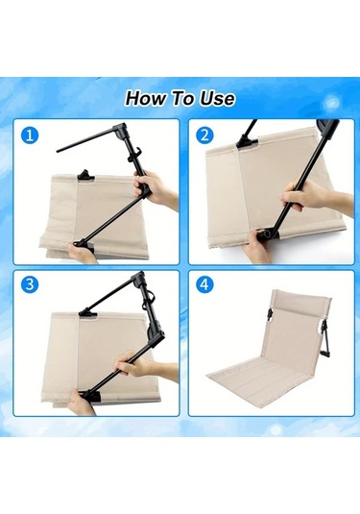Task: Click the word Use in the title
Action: [x=218, y=98]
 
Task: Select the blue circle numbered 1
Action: [x=30, y=135]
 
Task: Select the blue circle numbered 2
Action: [x=204, y=135]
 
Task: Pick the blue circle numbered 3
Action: [x=30, y=284]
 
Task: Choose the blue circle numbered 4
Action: [x=204, y=284]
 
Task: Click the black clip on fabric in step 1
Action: [x=86, y=175]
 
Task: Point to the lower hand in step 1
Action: [x=81, y=252]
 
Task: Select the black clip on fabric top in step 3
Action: [x=87, y=313]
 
